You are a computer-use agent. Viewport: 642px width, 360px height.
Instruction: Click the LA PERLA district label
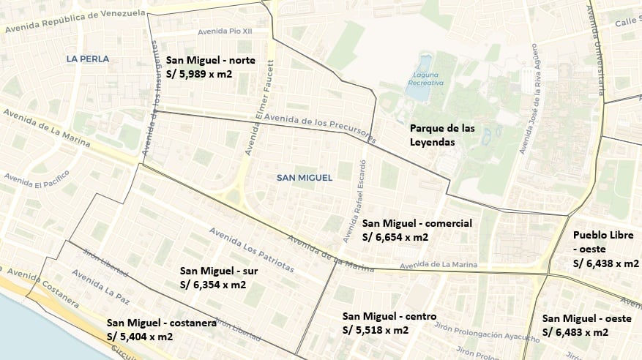(87, 59)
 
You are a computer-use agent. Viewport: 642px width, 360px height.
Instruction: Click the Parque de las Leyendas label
(442, 135)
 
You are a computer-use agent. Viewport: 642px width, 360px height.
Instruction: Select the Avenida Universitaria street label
(596, 51)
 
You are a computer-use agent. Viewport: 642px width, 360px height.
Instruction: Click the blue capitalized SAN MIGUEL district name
(305, 178)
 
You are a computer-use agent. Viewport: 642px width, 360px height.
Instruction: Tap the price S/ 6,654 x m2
(395, 237)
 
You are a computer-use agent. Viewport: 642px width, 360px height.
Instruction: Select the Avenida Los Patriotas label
(252, 249)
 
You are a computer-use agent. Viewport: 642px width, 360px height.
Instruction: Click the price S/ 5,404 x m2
(140, 337)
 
